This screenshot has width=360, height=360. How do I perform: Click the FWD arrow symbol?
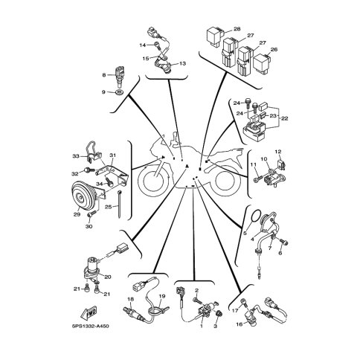pyautogui.click(x=89, y=313)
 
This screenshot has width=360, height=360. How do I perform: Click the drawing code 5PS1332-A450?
pyautogui.click(x=90, y=326)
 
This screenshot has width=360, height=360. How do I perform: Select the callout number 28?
pyautogui.click(x=237, y=29)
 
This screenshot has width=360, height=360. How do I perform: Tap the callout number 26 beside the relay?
pyautogui.click(x=274, y=49)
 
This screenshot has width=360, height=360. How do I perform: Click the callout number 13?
pyautogui.click(x=182, y=64)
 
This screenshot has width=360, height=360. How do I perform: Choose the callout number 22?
pyautogui.click(x=285, y=118)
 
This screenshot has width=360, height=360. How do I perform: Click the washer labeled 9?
pyautogui.click(x=120, y=93)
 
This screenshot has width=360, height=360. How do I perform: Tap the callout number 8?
pyautogui.click(x=104, y=74)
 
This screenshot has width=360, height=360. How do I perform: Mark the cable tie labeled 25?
pyautogui.click(x=120, y=204)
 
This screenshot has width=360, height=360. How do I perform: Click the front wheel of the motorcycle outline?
pyautogui.click(x=155, y=181)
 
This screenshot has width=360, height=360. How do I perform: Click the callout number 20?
pyautogui.click(x=108, y=277)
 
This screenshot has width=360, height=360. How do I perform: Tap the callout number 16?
pyautogui.click(x=239, y=324)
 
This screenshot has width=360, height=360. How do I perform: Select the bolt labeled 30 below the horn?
pyautogui.click(x=91, y=214)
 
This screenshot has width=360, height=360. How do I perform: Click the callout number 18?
pyautogui.click(x=130, y=299)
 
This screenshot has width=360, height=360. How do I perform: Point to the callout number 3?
pyautogui.click(x=215, y=327)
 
